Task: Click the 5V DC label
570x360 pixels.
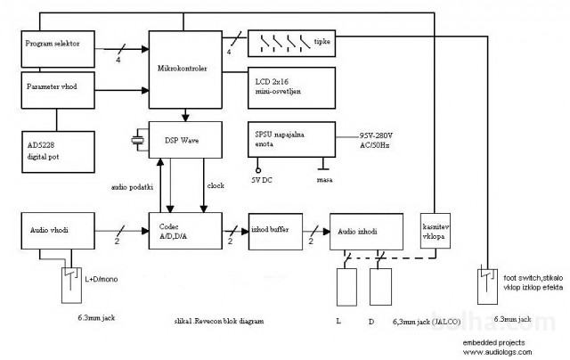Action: coord(262,179)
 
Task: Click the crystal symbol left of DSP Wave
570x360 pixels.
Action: coord(138,139)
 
